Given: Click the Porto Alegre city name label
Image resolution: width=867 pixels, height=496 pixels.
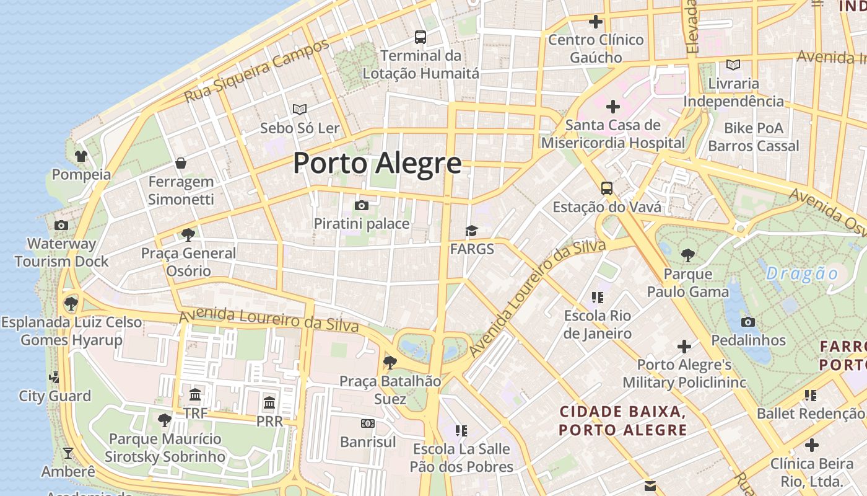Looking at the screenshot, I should (377, 163).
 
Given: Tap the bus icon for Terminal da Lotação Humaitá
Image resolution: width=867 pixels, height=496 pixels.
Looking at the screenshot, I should (420, 37).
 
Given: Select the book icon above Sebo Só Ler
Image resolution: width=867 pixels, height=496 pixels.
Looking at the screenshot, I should (300, 110).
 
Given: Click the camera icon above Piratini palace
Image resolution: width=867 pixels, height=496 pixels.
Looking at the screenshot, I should (362, 205).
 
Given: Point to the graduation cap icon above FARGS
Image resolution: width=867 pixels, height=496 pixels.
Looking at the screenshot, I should (472, 231).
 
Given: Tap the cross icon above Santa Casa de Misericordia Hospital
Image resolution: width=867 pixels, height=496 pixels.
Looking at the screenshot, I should (612, 107).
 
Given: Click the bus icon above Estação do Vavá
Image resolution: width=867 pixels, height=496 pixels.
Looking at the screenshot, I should (607, 188).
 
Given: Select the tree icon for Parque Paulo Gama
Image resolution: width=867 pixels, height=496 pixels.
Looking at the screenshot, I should (687, 255).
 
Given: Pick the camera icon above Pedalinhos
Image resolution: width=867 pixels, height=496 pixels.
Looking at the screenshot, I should (748, 322).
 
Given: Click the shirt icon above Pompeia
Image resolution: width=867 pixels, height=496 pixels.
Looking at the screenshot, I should (81, 156).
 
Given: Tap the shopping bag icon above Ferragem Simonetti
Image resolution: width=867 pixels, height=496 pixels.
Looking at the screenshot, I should (181, 163).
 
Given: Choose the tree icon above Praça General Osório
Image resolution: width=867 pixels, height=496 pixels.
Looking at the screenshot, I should (188, 234).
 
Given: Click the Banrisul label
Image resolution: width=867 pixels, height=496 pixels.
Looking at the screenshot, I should (368, 442).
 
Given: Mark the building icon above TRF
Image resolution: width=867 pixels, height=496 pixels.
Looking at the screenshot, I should (195, 394).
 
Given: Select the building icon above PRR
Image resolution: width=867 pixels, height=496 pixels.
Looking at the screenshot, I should (269, 403).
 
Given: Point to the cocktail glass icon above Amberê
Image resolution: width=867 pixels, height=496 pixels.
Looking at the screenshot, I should (68, 453).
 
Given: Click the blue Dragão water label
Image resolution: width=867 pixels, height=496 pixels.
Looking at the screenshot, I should (802, 273).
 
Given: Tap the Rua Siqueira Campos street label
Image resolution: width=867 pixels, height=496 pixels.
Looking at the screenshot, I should (257, 71).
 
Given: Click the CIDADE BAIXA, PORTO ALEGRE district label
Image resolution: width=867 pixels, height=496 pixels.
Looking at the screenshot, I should (622, 420).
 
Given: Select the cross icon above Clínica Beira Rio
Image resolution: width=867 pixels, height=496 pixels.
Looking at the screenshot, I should (812, 445).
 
